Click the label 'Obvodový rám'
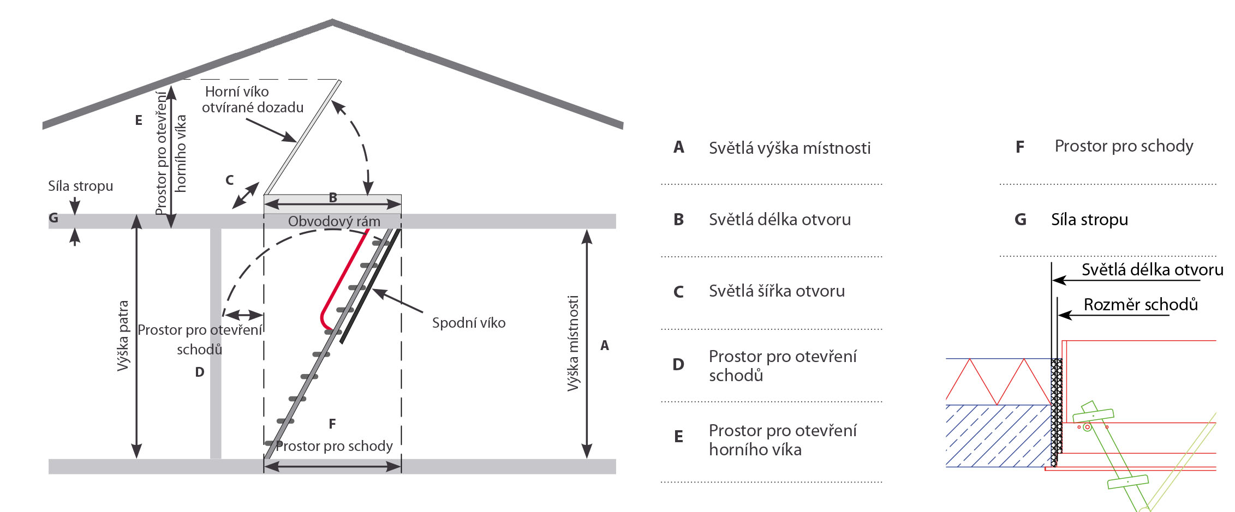point(334,221)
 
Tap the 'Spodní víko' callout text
point(469,323)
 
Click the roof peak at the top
point(332,22)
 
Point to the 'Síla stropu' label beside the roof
point(80,186)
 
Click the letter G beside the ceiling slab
point(53,218)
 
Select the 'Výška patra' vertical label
point(123,336)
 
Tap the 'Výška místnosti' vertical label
point(572,344)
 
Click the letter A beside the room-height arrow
point(605,345)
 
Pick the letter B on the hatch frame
point(333,198)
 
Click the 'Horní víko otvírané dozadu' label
point(253,99)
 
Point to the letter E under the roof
point(139,120)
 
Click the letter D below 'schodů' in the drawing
point(200,372)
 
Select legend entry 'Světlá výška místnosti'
point(789,148)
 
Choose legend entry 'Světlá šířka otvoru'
point(777,291)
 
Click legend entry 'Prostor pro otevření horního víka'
point(782,439)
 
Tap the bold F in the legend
point(1019,147)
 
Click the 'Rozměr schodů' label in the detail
point(1141,304)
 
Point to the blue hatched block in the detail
point(998,436)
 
